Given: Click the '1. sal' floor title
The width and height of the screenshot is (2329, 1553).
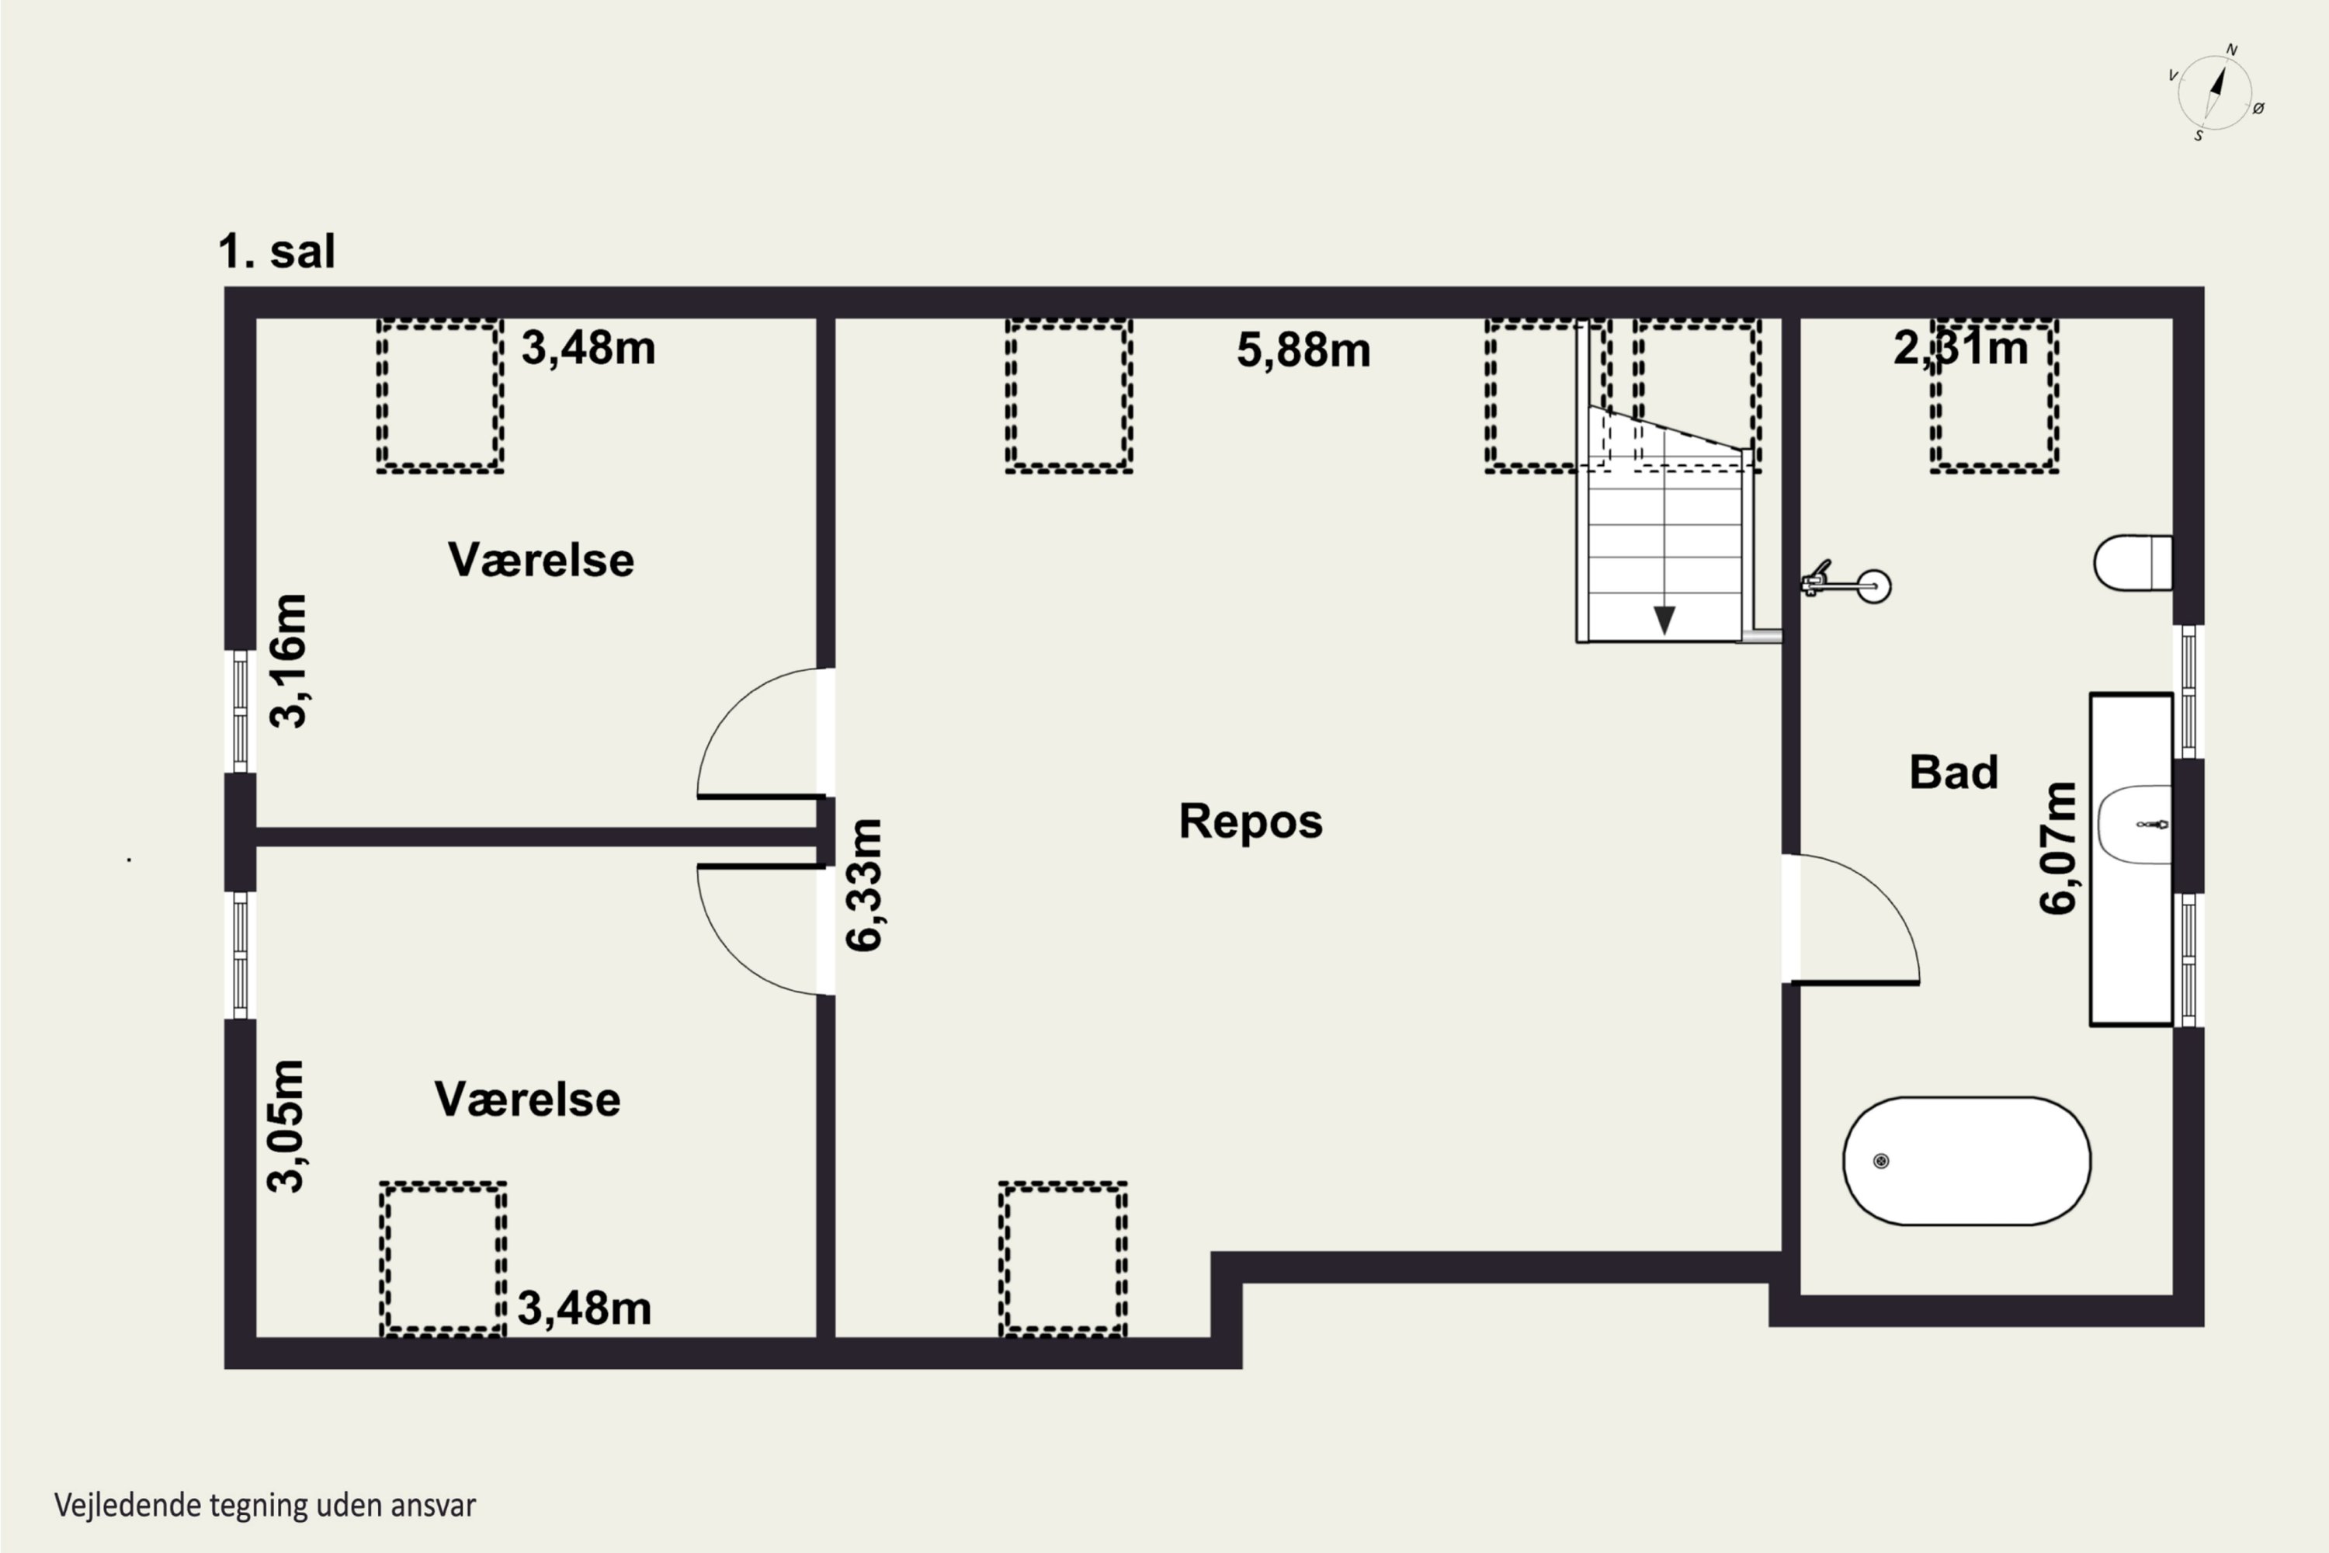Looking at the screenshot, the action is tap(277, 252).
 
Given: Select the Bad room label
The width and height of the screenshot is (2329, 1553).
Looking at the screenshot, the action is tap(1954, 773).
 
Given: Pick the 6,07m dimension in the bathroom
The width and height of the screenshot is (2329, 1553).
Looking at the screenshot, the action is tap(2058, 848).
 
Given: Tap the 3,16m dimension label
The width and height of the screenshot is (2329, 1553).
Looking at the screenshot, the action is tap(289, 662).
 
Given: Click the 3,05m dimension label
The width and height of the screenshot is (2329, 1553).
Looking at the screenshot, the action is tap(287, 1125).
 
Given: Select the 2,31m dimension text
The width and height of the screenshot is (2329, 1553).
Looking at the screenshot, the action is tap(1961, 349).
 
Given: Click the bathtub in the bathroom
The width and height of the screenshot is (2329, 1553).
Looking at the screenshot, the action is tap(1966, 1161).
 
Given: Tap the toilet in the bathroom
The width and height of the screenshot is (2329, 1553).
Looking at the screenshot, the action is tap(2133, 562).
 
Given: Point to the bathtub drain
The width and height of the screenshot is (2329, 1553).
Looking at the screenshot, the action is tap(1881, 1161).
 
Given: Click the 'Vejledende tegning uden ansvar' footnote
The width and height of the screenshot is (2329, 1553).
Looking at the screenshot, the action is tap(266, 1506).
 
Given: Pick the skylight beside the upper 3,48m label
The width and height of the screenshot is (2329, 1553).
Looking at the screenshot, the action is tap(439, 395).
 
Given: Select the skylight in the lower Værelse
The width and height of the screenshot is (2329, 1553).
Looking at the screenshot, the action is tap(443, 1259).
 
